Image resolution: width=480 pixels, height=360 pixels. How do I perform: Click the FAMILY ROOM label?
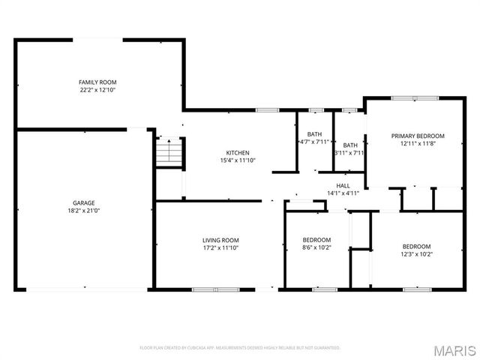(97, 82)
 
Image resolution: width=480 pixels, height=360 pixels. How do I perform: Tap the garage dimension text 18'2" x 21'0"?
(83, 211)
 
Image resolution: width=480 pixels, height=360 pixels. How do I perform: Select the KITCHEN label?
(238, 152)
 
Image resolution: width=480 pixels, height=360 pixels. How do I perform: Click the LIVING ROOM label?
(220, 240)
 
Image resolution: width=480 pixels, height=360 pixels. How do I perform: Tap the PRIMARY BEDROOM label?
(417, 136)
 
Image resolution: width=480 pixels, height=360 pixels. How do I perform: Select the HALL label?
(343, 185)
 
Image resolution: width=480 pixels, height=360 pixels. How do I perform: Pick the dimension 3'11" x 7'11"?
(350, 153)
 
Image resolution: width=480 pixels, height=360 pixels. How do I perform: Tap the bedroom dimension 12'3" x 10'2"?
(416, 253)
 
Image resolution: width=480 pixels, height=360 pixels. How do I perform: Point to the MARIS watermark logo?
(453, 349)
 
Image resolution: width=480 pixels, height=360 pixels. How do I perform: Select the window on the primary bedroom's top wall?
(415, 97)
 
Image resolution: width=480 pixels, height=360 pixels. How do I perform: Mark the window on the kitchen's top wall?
(267, 110)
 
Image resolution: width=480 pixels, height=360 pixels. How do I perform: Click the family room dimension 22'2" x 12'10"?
(97, 89)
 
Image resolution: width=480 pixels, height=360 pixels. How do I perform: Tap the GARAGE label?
(83, 203)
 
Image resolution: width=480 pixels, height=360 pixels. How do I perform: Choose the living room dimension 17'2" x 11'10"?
(220, 247)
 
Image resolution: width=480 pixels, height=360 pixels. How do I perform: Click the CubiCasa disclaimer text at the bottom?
(240, 347)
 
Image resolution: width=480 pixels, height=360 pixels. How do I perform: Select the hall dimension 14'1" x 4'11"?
(343, 193)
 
